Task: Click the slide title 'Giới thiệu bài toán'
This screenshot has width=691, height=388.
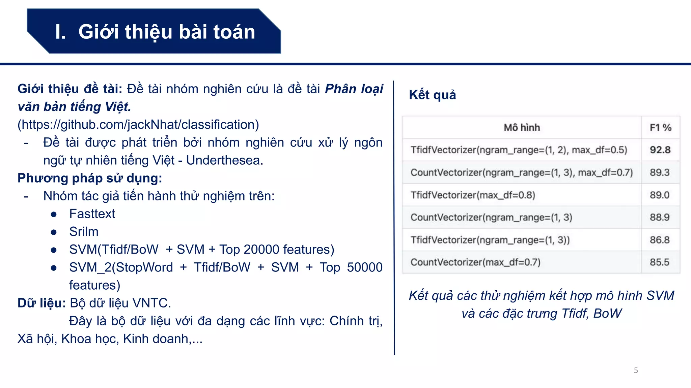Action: click(x=167, y=32)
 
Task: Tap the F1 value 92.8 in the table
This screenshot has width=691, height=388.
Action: click(x=660, y=150)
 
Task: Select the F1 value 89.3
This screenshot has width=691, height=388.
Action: click(x=660, y=172)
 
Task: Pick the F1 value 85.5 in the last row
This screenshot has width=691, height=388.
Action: click(x=660, y=262)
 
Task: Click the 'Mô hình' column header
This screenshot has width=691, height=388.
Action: click(x=522, y=128)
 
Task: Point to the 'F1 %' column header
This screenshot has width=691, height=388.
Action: click(x=660, y=128)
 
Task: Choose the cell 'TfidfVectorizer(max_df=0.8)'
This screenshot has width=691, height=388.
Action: click(x=473, y=195)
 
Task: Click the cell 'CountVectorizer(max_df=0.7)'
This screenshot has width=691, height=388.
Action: click(x=475, y=262)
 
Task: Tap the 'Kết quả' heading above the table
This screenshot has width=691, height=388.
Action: click(x=432, y=95)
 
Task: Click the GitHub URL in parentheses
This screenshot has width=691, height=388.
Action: click(x=138, y=125)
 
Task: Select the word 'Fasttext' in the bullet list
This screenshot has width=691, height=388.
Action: click(x=92, y=214)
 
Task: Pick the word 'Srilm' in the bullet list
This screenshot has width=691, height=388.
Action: click(x=84, y=232)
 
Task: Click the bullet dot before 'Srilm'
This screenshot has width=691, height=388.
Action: click(x=54, y=232)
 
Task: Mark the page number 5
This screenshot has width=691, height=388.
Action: click(x=636, y=370)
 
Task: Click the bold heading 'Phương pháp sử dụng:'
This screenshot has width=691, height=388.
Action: click(x=90, y=178)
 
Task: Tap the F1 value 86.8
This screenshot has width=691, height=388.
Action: click(x=660, y=240)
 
